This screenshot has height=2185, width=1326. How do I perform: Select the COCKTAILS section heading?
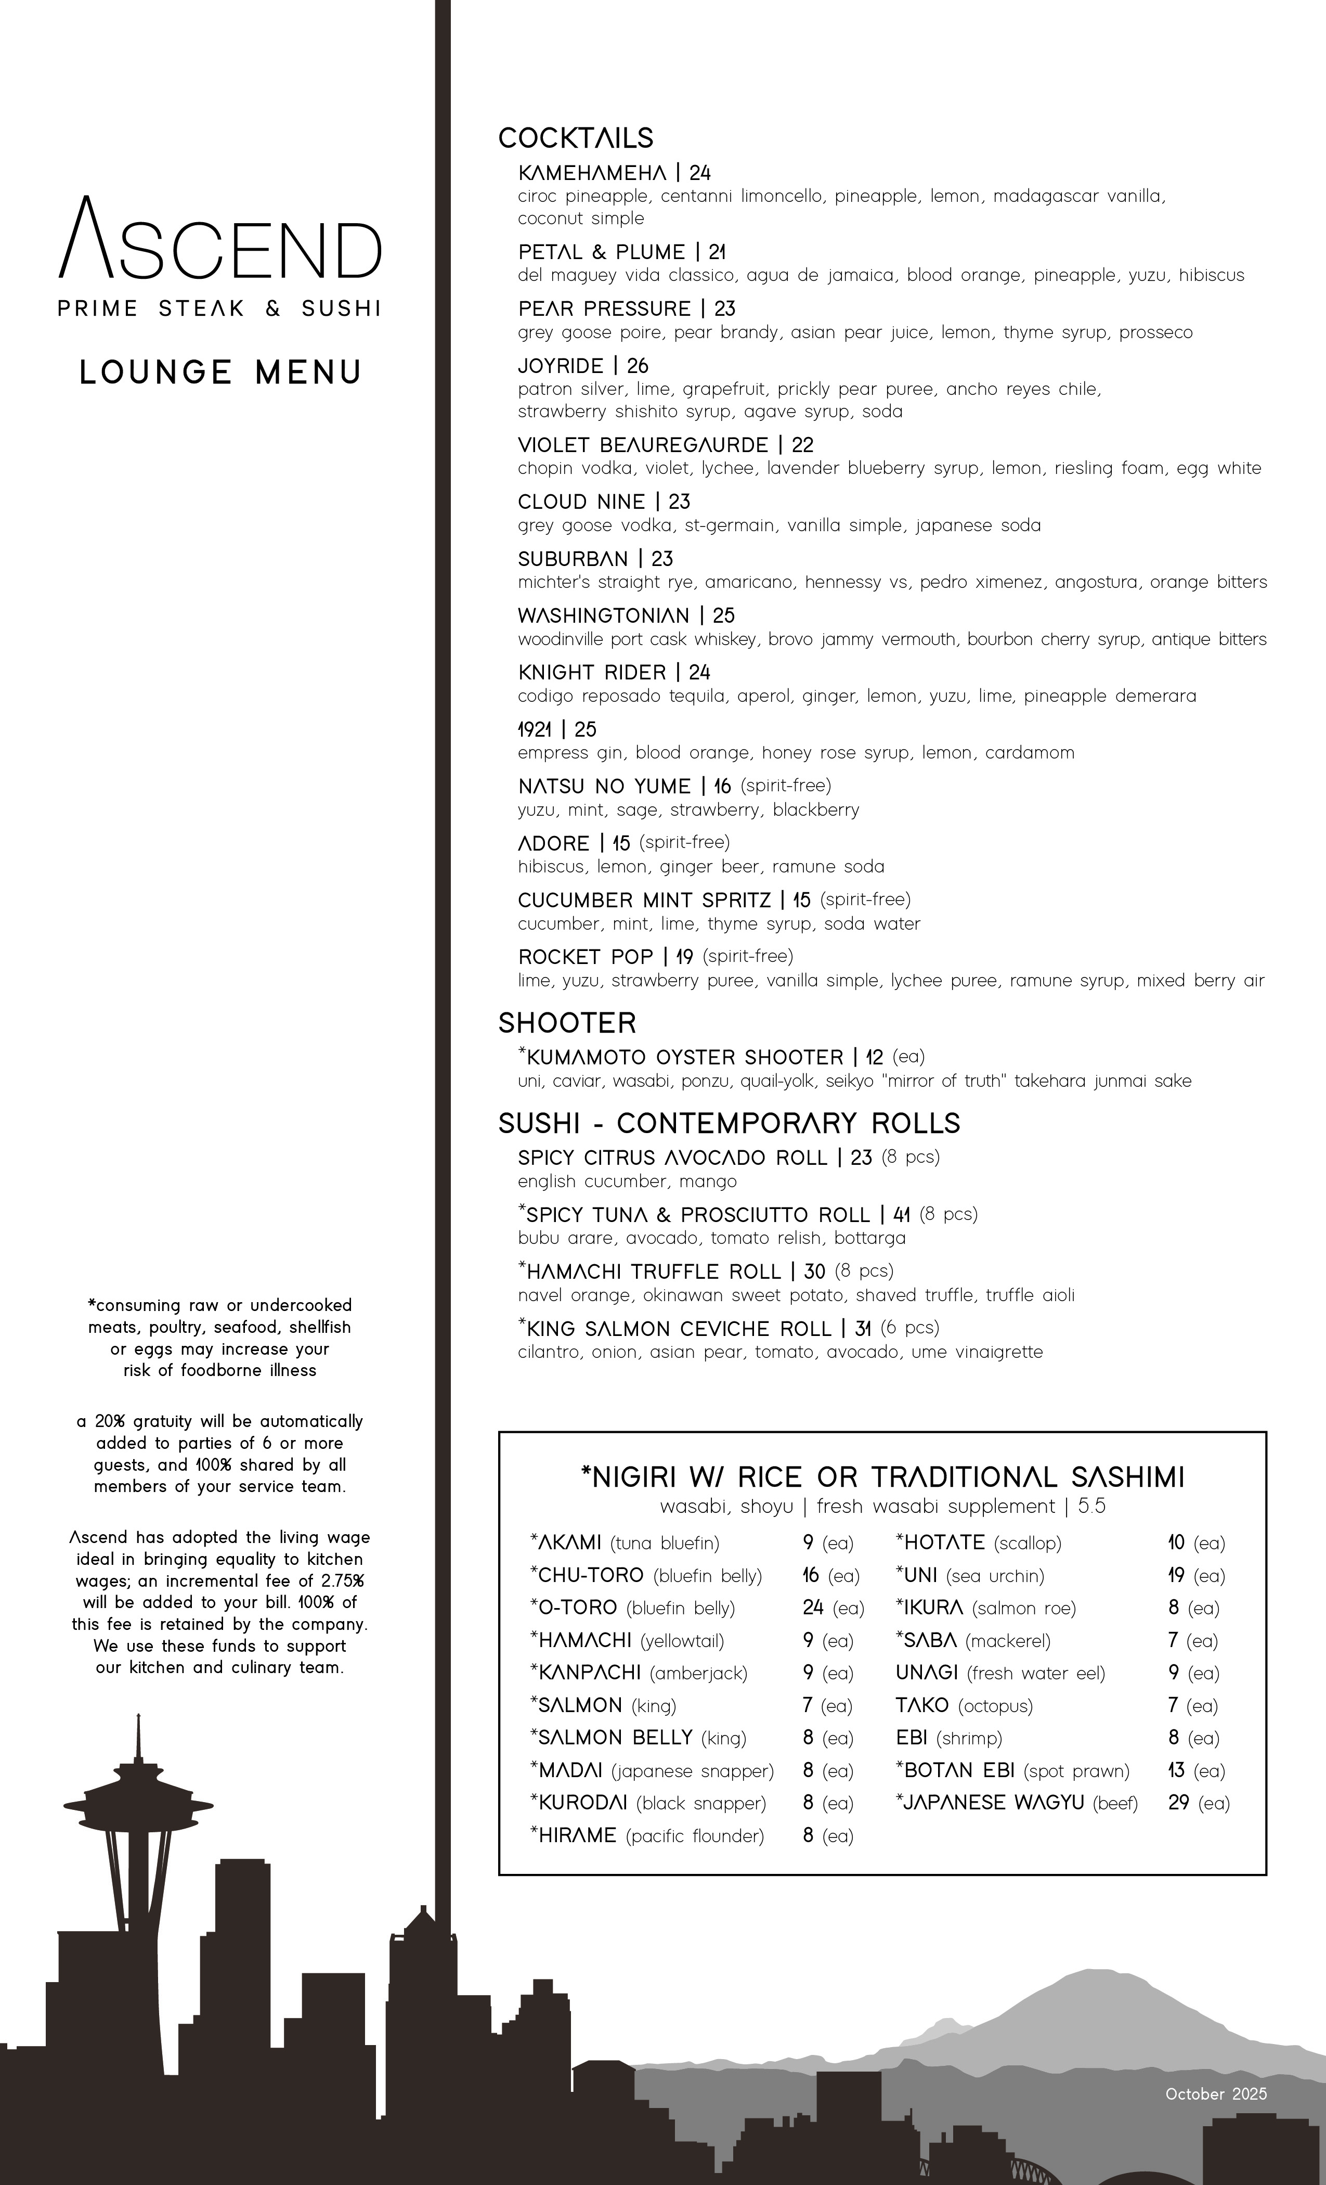tap(575, 138)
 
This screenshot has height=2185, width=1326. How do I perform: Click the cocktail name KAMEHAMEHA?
tap(591, 173)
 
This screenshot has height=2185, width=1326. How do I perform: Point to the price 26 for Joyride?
tap(638, 366)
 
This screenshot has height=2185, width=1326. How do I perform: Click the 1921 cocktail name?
tap(535, 730)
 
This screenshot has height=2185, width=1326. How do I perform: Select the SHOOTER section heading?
tap(567, 1023)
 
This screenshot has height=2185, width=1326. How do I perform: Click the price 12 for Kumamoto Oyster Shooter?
tap(874, 1057)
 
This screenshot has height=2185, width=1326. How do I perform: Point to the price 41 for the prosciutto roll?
tap(902, 1215)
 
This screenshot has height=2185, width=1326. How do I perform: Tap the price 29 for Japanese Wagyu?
tap(1178, 1803)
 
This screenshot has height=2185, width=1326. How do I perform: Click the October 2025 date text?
tap(1215, 2093)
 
